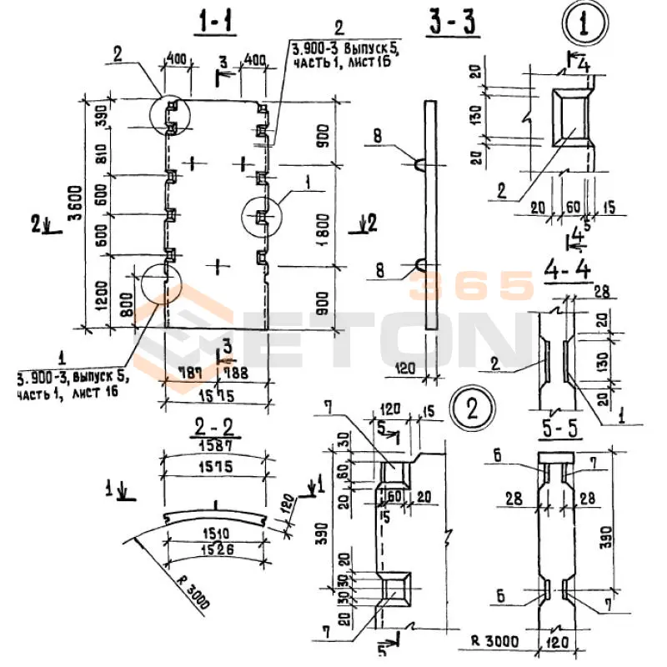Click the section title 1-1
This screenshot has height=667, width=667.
point(216,24)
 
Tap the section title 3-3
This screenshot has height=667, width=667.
point(454,24)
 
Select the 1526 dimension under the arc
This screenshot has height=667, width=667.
point(215,549)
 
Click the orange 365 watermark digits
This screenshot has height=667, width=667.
point(471,286)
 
